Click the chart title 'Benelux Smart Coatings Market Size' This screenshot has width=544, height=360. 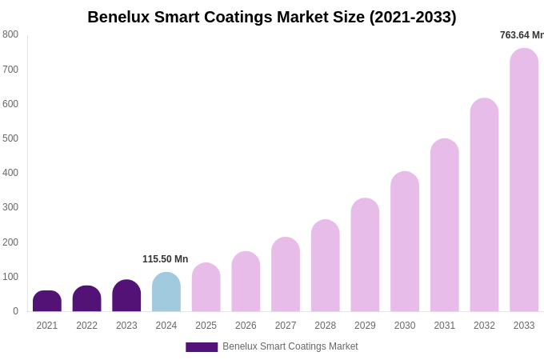coord(272,17)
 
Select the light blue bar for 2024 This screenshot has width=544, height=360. coord(166,293)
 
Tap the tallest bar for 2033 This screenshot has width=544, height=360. coord(524,180)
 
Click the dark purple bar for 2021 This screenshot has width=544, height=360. coord(47,302)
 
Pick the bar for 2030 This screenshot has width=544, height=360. coord(405,242)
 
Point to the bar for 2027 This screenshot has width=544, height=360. coord(286,274)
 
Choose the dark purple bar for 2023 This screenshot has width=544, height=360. coord(126,296)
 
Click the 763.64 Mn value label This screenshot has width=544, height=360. coord(522,35)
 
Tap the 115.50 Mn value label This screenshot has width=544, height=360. coord(165,259)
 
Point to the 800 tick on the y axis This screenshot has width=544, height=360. coord(10,34)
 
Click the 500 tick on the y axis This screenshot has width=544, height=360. coord(10,138)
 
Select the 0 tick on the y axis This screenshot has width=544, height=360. coord(15,311)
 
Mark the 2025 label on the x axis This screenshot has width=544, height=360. coord(206,326)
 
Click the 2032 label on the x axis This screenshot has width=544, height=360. coord(484,326)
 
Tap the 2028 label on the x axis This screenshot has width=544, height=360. coord(325,326)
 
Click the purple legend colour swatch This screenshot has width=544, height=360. coord(202,347)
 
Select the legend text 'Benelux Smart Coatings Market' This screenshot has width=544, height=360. coord(290,346)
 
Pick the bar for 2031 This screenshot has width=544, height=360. coord(444,226)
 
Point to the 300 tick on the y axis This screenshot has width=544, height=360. coord(10,207)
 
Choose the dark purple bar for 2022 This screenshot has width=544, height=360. coord(86,299)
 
